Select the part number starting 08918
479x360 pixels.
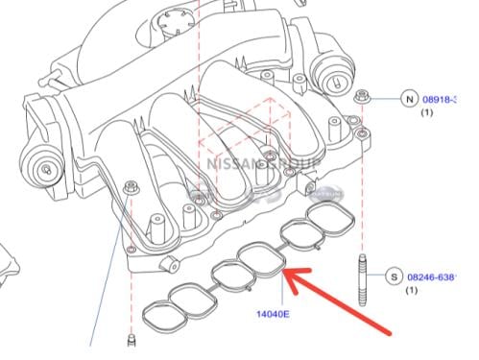(443, 99)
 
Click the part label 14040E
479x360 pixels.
(274, 313)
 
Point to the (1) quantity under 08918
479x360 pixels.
(425, 113)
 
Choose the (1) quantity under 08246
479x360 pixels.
(413, 291)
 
